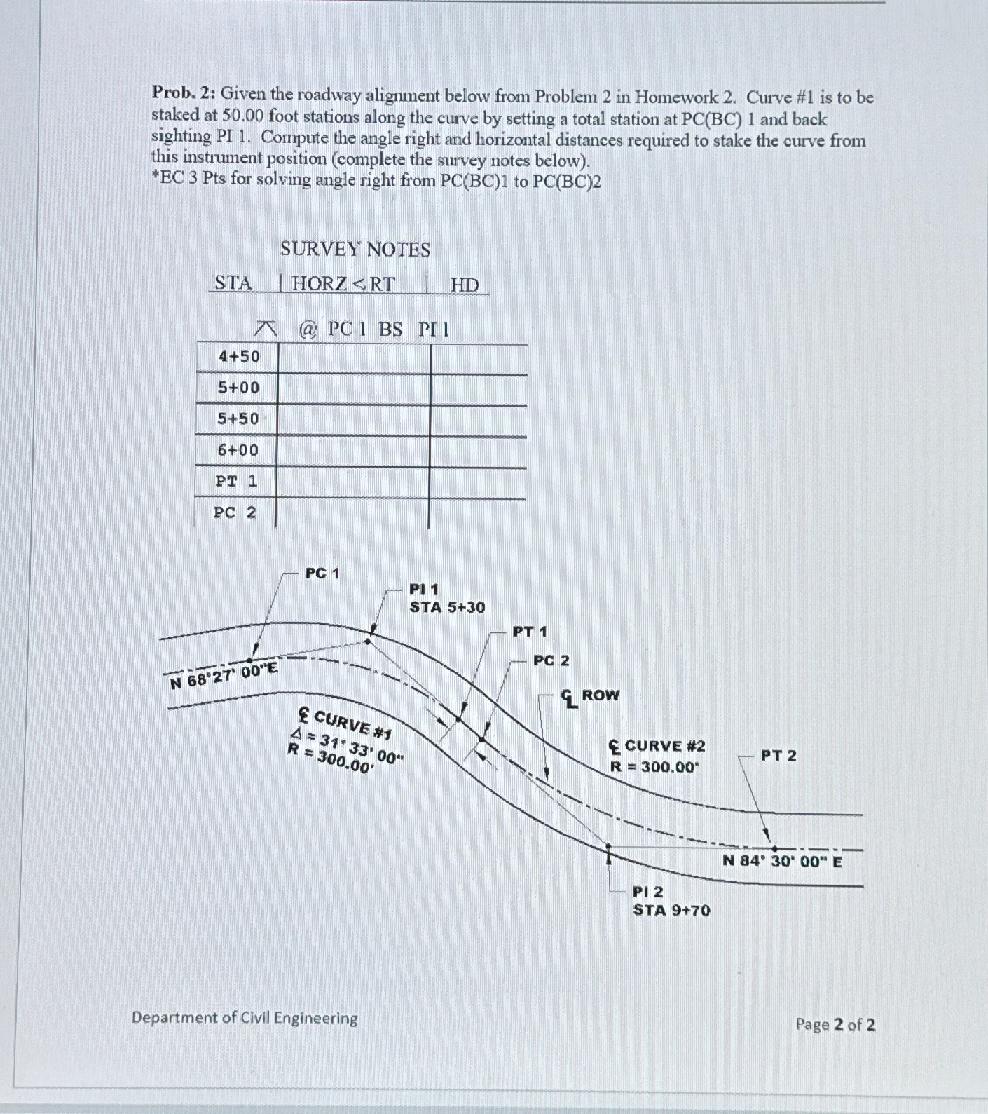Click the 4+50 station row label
pyautogui.click(x=238, y=356)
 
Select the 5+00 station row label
pyautogui.click(x=238, y=388)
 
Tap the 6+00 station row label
pyautogui.click(x=238, y=450)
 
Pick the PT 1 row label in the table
pyautogui.click(x=236, y=482)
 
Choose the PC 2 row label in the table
pyautogui.click(x=235, y=512)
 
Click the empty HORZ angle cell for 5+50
pyautogui.click(x=354, y=419)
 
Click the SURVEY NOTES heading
pyautogui.click(x=355, y=250)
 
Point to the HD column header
pyautogui.click(x=464, y=285)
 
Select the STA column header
pyautogui.click(x=233, y=283)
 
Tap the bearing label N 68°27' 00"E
pyautogui.click(x=224, y=675)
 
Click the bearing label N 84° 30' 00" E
pyautogui.click(x=782, y=861)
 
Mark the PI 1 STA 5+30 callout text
pyautogui.click(x=446, y=598)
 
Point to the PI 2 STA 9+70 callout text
pyautogui.click(x=671, y=902)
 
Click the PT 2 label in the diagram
pyautogui.click(x=778, y=756)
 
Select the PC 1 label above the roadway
pyautogui.click(x=322, y=573)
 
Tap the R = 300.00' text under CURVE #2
pyautogui.click(x=654, y=767)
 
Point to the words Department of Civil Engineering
pyautogui.click(x=245, y=1018)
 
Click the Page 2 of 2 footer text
pyautogui.click(x=835, y=1025)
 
